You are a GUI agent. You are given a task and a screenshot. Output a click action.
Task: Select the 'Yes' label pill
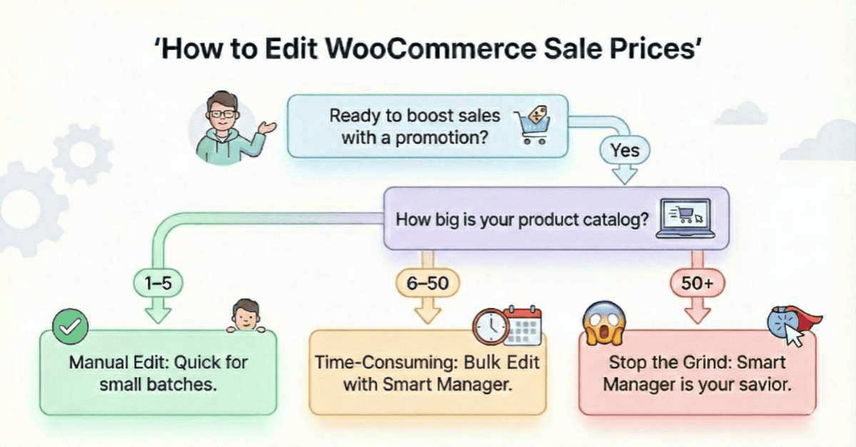click(624, 150)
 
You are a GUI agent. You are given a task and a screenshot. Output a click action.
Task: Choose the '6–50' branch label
click(427, 283)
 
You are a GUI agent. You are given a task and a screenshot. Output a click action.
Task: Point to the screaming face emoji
click(603, 323)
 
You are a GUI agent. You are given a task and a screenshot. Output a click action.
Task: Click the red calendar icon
click(522, 327)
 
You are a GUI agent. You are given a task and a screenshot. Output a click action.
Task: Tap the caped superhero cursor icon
click(789, 325)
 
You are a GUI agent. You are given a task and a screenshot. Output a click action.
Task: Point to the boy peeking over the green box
click(245, 316)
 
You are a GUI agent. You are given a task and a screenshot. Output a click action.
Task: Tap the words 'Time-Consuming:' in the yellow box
click(379, 362)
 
